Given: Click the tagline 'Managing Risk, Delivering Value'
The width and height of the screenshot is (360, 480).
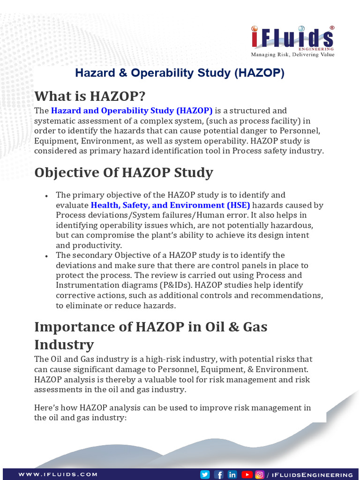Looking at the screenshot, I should pyautogui.click(x=292, y=54).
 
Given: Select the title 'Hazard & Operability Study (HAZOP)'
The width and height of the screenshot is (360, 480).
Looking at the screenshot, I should pyautogui.click(x=180, y=73).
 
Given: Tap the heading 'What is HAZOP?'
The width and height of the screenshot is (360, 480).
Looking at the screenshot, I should pyautogui.click(x=90, y=96).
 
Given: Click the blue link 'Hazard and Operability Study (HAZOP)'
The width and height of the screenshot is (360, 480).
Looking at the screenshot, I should pyautogui.click(x=132, y=111).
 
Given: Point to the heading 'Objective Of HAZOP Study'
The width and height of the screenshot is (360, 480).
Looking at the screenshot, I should pyautogui.click(x=124, y=172).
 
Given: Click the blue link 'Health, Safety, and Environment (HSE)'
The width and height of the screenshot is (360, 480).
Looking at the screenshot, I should pyautogui.click(x=171, y=205).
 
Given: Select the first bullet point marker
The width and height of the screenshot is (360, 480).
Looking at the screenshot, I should pyautogui.click(x=46, y=195).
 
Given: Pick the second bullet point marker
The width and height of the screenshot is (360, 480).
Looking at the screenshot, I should pyautogui.click(x=46, y=256).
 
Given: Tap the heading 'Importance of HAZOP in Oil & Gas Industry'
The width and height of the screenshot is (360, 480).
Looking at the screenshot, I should pyautogui.click(x=150, y=335).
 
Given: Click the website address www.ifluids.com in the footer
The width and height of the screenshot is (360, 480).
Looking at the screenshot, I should pyautogui.click(x=58, y=474).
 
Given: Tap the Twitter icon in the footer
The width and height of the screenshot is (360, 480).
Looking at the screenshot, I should pyautogui.click(x=205, y=474).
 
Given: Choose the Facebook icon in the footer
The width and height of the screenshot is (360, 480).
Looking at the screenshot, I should pyautogui.click(x=218, y=474).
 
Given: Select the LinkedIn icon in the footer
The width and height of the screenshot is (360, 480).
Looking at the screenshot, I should pyautogui.click(x=232, y=474).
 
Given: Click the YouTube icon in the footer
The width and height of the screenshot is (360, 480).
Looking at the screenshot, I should pyautogui.click(x=247, y=474).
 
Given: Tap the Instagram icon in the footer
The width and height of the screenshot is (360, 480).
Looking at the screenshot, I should pyautogui.click(x=259, y=474).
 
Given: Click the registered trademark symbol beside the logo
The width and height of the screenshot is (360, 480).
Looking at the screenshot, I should pyautogui.click(x=332, y=28).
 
